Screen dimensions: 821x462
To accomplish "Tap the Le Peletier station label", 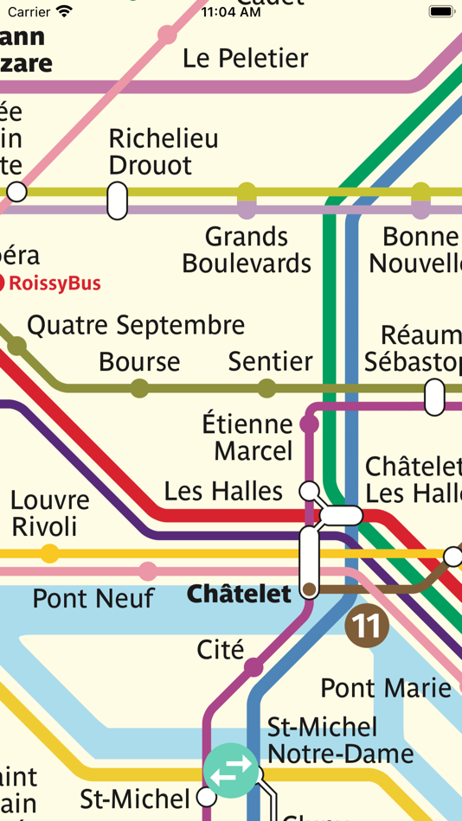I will tap(246, 59).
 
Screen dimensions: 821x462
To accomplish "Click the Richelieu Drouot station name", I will tap(163, 151).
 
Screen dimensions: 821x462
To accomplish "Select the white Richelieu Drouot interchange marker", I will tap(117, 200).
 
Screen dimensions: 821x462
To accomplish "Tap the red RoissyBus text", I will tap(55, 283).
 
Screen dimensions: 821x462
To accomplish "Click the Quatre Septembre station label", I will tap(136, 326).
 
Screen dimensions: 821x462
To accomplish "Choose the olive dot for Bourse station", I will tap(139, 388).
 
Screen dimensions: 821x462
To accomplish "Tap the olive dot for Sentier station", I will tap(266, 388).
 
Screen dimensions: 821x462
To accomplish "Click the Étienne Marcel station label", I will tap(248, 437).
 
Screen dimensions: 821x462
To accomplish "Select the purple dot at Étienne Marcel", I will tap(309, 424).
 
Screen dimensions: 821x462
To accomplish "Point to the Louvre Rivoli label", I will tap(49, 513).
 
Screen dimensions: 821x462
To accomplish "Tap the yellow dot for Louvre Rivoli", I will tap(50, 553).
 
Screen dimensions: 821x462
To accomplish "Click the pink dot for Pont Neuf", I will tap(148, 571).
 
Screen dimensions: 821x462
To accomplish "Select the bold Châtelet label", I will tap(239, 595).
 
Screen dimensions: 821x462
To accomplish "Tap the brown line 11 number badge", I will tap(366, 627).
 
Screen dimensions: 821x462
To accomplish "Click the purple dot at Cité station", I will tap(253, 667).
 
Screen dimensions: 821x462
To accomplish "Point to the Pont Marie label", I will tap(386, 688).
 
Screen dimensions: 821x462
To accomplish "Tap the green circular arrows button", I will tap(231, 769).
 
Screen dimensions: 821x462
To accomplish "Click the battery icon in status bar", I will tap(441, 12).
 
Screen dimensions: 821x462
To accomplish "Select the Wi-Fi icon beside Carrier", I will tap(64, 12).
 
